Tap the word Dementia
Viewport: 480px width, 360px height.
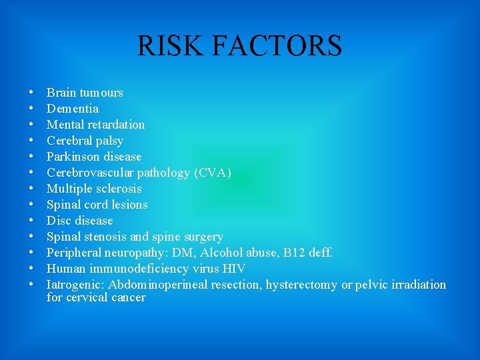pyautogui.click(x=73, y=109)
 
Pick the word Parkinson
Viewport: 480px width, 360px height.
pyautogui.click(x=71, y=157)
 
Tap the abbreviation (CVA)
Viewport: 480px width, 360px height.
pyautogui.click(x=213, y=173)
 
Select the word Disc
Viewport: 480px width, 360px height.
pyautogui.click(x=57, y=221)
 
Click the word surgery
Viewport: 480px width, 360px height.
pyautogui.click(x=203, y=237)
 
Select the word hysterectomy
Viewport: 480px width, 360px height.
pyautogui.click(x=301, y=285)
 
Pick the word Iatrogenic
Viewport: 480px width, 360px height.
pyautogui.click(x=75, y=285)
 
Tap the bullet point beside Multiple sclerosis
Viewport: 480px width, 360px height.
pyautogui.click(x=33, y=189)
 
